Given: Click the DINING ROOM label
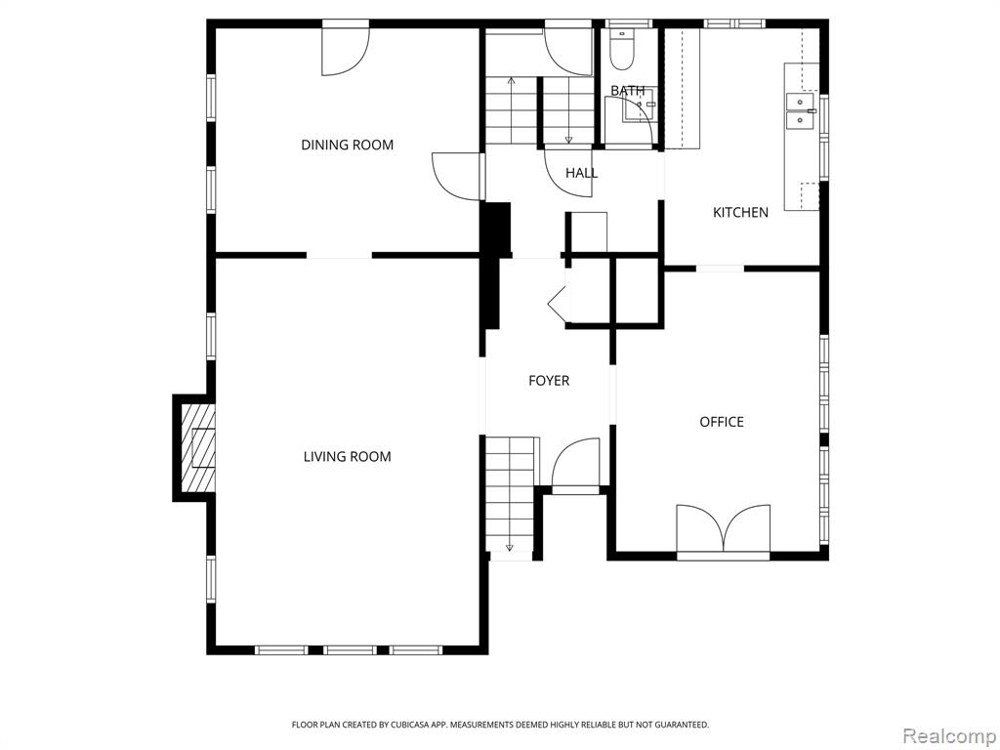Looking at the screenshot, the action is (x=347, y=145).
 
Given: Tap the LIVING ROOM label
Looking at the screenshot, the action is (x=347, y=457).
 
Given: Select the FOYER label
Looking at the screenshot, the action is (x=549, y=381).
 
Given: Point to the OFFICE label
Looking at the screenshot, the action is (x=722, y=422).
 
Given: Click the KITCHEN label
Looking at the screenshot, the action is (x=740, y=212).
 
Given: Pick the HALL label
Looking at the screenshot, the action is (x=582, y=173).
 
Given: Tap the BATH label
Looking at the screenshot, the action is (x=628, y=91).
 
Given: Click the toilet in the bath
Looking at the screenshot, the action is (x=620, y=49).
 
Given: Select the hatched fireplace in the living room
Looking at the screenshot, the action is (x=197, y=448).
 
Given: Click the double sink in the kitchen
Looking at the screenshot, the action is (x=801, y=111).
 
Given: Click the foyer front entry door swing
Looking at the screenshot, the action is (x=575, y=464).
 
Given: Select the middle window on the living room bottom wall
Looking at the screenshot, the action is (x=350, y=650).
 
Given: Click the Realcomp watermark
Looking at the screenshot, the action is (x=948, y=735).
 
